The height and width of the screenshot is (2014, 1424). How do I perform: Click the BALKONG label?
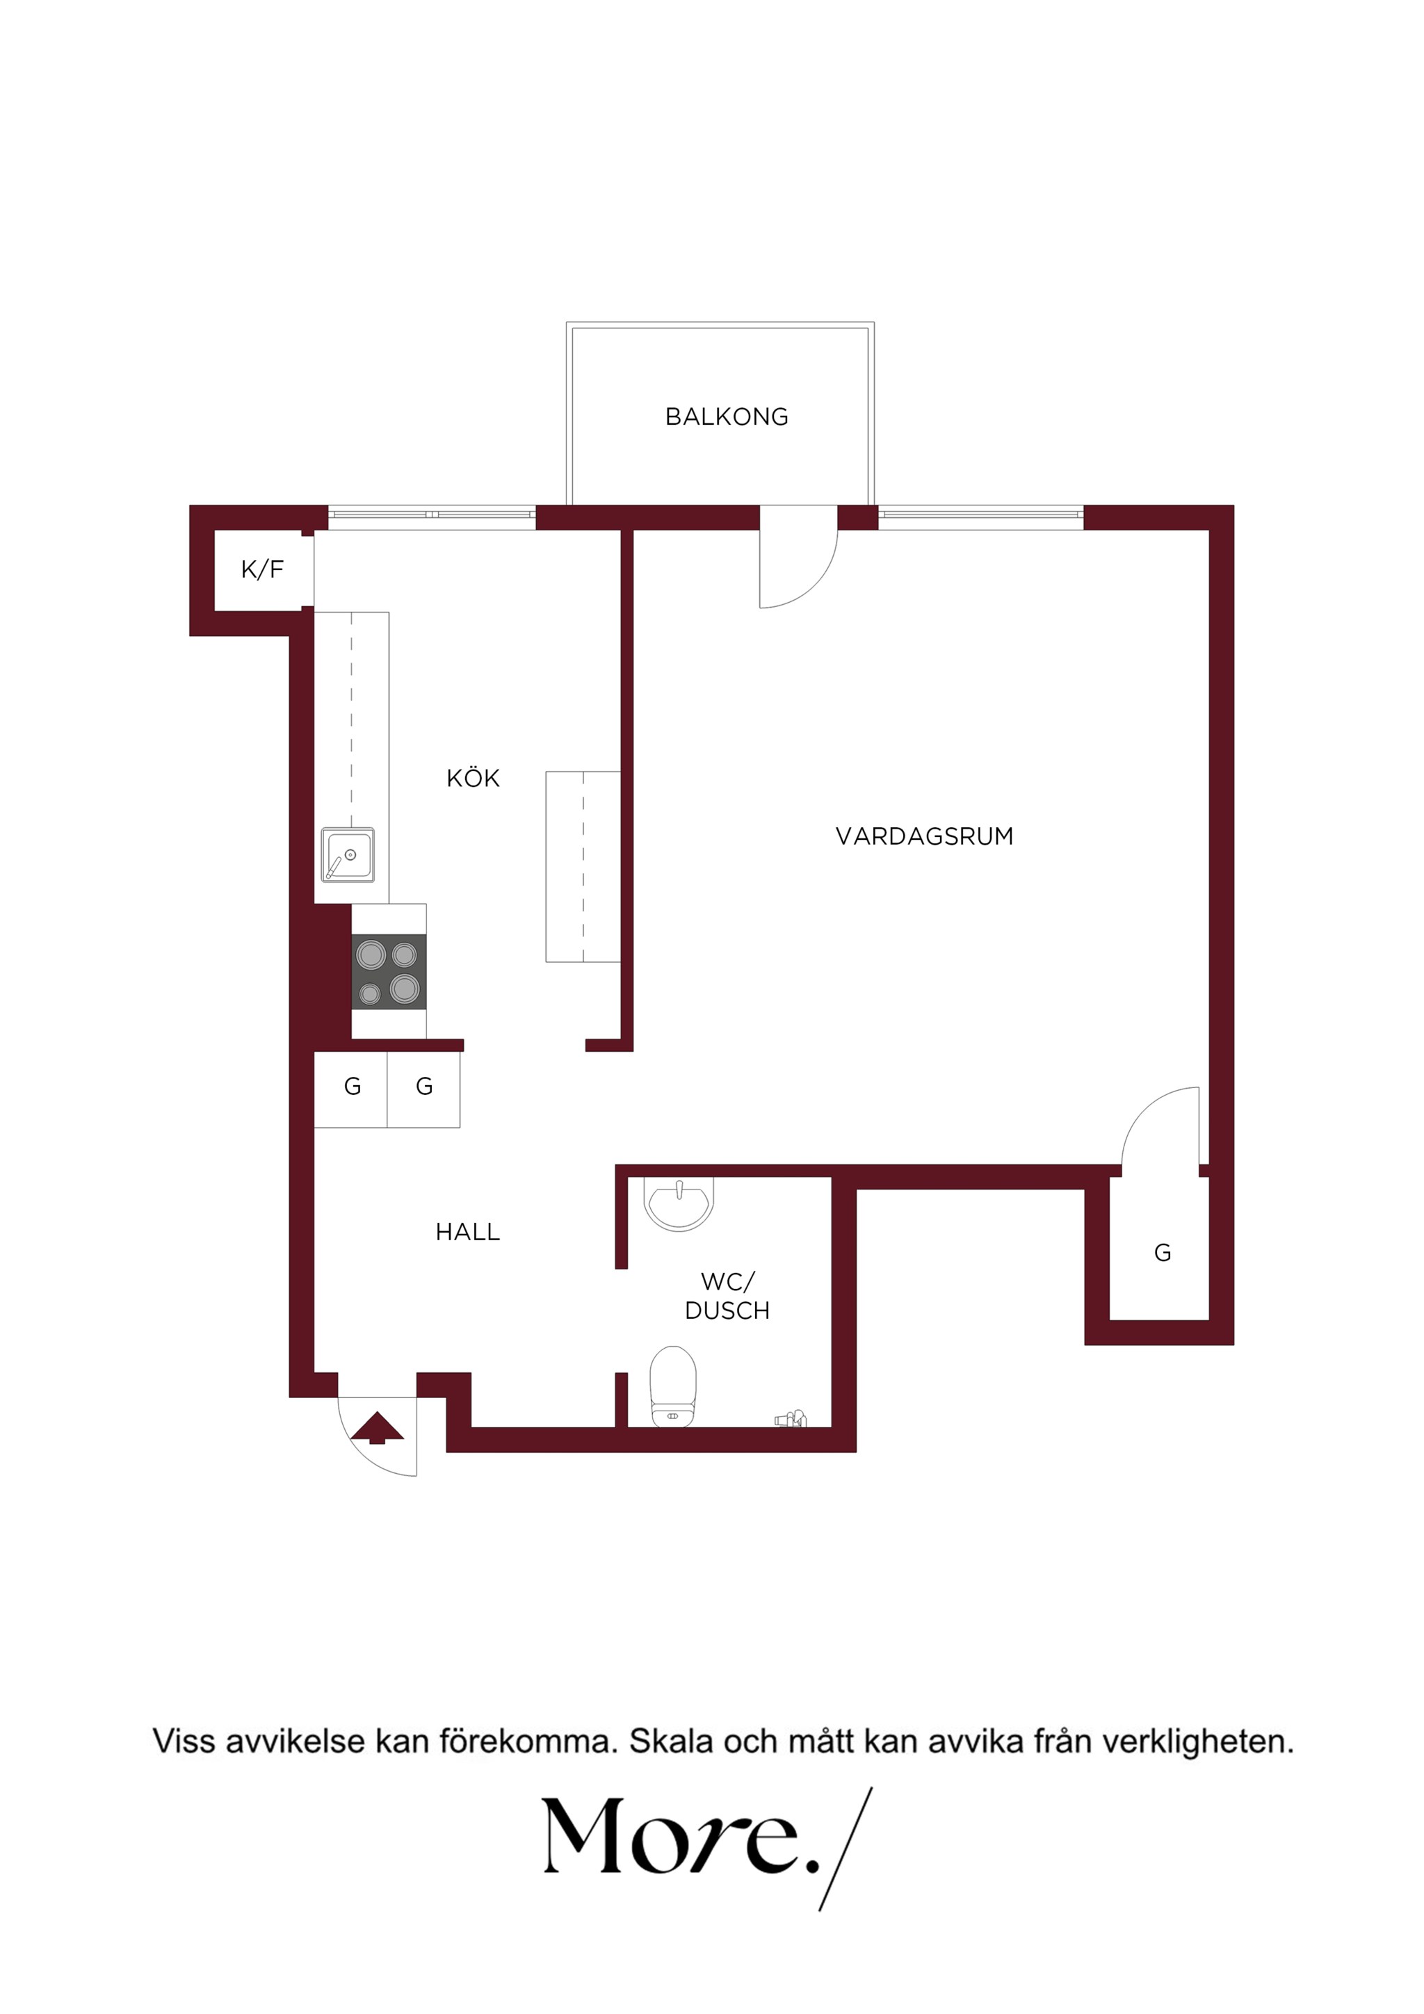(x=727, y=416)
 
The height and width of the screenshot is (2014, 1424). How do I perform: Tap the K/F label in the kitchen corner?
(x=262, y=569)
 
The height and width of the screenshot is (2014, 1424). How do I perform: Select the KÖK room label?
(x=473, y=777)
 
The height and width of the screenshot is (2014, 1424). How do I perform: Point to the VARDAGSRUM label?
(x=925, y=836)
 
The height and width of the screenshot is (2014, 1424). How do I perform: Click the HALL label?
(x=468, y=1232)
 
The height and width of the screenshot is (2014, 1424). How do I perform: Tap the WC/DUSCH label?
(x=727, y=1296)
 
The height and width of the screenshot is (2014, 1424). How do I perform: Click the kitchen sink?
(x=348, y=854)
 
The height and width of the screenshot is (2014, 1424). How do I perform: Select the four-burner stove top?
(x=389, y=971)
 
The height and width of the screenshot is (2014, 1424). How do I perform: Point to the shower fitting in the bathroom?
(x=790, y=1418)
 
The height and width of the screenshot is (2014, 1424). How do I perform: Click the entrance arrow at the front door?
(x=378, y=1427)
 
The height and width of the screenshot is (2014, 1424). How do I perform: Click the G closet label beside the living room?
(x=1163, y=1253)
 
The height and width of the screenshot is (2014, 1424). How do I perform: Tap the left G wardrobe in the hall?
(x=351, y=1089)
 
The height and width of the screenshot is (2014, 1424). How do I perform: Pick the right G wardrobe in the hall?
(x=423, y=1089)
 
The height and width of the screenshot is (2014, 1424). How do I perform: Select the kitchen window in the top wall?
(x=432, y=517)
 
